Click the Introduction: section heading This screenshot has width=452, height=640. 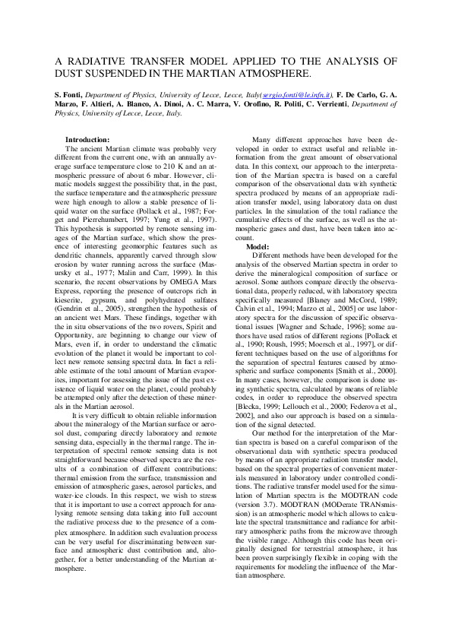88,140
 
